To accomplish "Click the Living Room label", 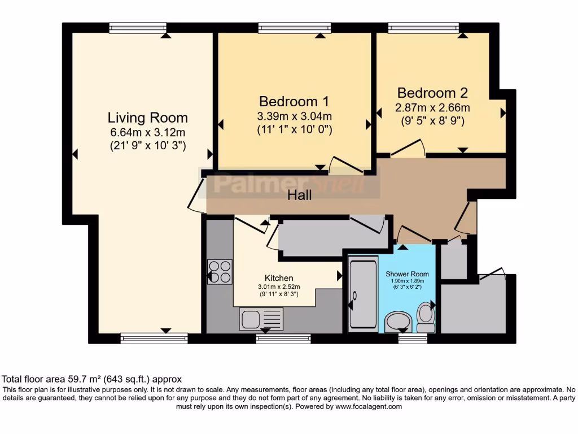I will point(147,118).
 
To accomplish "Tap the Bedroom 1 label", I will point(294,102).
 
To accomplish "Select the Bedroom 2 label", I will point(432,93).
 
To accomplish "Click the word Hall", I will point(300,196).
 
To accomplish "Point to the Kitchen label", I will point(279,278).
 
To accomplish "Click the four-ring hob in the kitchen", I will point(220,271).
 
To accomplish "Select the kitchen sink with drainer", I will point(261,319).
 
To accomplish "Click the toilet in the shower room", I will point(425,319).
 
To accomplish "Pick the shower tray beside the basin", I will point(363,293).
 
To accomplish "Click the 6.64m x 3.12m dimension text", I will point(147,133).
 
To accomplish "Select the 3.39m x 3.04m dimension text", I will point(294,116).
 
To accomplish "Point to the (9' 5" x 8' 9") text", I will point(432,120).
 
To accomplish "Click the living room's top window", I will point(138,27).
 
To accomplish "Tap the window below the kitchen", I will point(283,338).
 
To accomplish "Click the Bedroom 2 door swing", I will point(408,149).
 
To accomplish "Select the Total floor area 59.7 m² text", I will point(92,379).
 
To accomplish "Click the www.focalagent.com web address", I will point(369,406).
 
